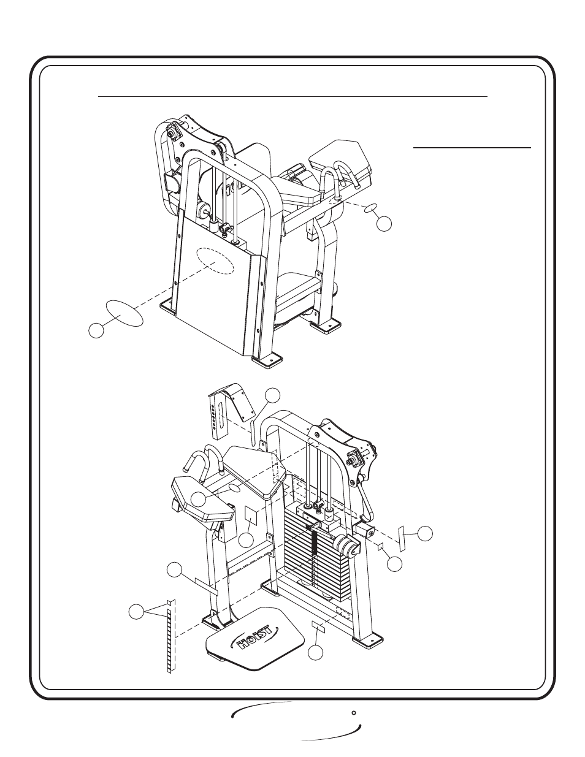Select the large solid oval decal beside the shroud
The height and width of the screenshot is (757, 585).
pyautogui.click(x=124, y=313)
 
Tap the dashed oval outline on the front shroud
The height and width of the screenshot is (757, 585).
pyautogui.click(x=215, y=261)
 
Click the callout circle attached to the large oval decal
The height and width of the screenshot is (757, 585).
pyautogui.click(x=96, y=330)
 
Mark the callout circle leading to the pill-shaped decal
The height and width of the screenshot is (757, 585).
pyautogui.click(x=272, y=395)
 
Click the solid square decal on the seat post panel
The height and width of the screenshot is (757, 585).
pyautogui.click(x=251, y=515)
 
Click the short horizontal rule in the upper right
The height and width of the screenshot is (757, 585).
pyautogui.click(x=472, y=148)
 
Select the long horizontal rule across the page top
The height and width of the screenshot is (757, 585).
pyautogui.click(x=292, y=96)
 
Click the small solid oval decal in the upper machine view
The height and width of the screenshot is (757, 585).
pyautogui.click(x=371, y=209)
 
